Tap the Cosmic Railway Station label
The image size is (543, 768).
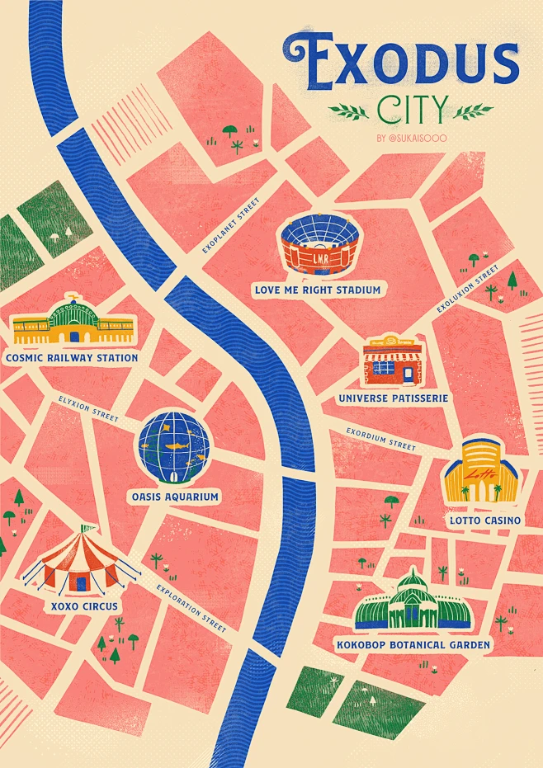pyautogui.click(x=71, y=358)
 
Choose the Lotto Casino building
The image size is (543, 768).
pyautogui.click(x=481, y=473)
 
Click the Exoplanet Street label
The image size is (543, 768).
pyautogui.click(x=231, y=225)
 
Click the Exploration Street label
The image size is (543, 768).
pyautogui.click(x=191, y=610)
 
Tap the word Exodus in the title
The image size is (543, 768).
pyautogui.click(x=400, y=63)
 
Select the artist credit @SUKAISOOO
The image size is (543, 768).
pyautogui.click(x=411, y=139)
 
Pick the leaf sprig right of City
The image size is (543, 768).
pyautogui.click(x=475, y=110)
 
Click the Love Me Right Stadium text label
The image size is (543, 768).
pyautogui.click(x=318, y=290)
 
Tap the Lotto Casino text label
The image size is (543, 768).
pyautogui.click(x=484, y=521)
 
